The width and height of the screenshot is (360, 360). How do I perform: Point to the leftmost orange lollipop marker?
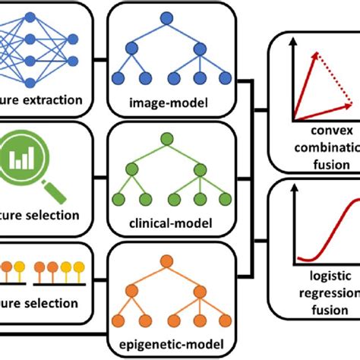point(7,268)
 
